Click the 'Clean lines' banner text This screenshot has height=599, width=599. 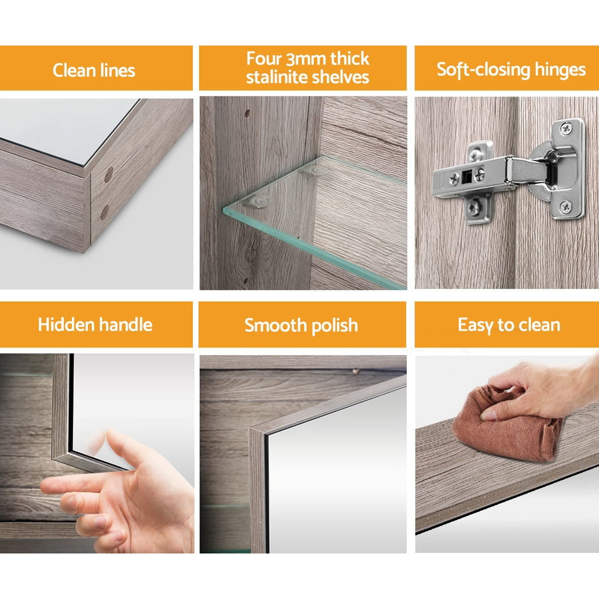tap(94, 70)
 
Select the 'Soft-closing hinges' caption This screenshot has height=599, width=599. tap(511, 69)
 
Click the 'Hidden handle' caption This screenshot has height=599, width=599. tap(95, 325)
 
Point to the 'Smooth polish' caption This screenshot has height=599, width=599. tap(301, 326)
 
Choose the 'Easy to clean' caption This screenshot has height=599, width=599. tap(509, 325)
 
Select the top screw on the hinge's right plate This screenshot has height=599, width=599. tap(566, 128)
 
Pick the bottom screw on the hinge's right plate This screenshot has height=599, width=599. tap(565, 208)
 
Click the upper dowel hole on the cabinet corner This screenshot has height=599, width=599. tap(108, 175)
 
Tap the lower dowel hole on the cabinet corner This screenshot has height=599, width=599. tap(104, 212)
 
